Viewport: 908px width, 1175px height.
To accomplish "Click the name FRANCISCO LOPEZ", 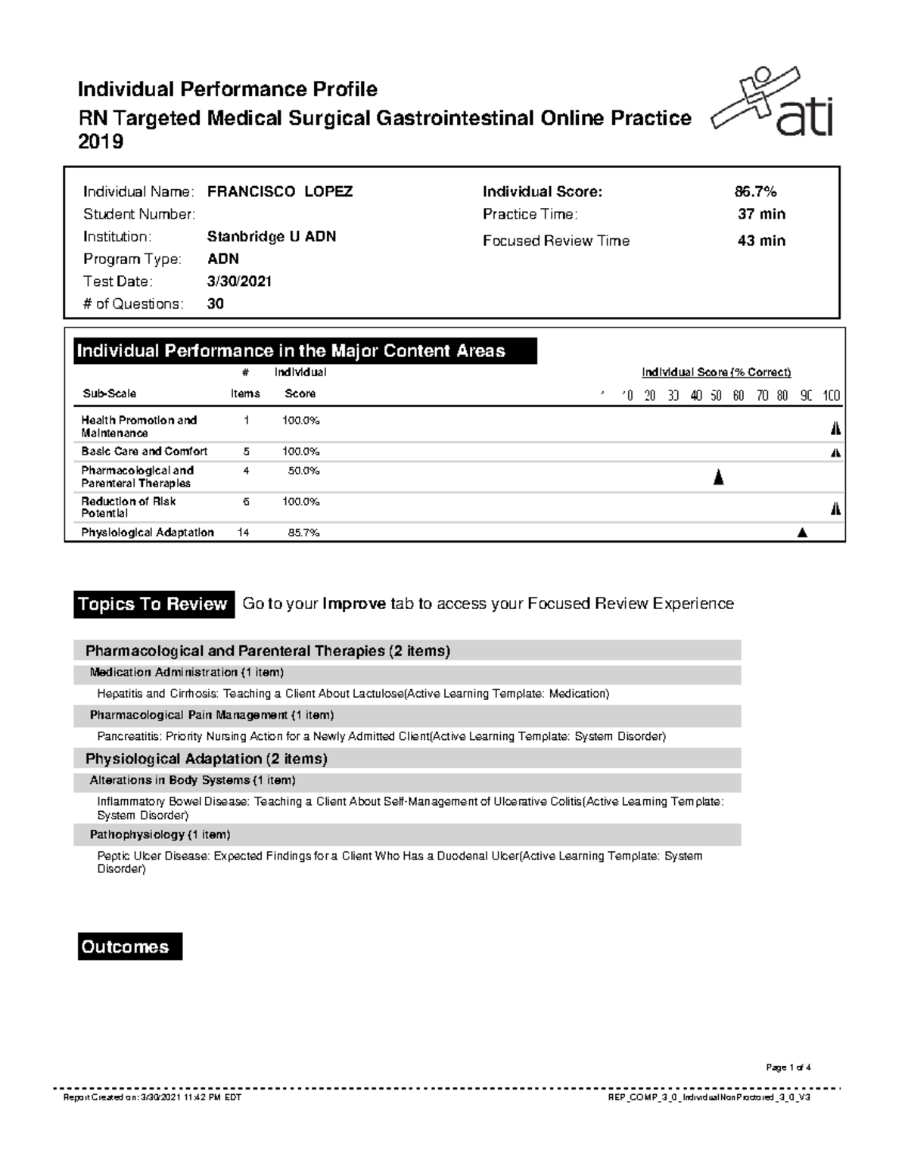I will coord(279,191).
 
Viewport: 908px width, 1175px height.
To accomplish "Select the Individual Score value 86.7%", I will coord(750,191).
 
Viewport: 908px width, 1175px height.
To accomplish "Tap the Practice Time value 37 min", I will coord(761,214).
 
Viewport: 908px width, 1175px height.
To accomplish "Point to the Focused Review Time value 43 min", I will coord(761,241).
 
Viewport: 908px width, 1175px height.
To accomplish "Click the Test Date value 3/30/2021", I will coord(239,281).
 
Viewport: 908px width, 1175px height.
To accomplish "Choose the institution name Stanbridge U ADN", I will coord(271,237).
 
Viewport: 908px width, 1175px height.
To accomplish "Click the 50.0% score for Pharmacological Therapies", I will coord(303,471).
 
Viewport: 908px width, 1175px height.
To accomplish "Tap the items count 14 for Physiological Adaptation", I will coord(244,533).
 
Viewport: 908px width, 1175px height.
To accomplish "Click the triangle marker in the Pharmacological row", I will coord(718,477).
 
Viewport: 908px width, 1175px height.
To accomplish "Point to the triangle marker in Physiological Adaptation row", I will coord(802,533).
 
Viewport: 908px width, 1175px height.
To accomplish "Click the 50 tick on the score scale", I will coord(716,396).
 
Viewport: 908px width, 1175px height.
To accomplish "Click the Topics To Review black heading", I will coord(153,604).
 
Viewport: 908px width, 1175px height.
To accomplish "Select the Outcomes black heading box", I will coord(129,947).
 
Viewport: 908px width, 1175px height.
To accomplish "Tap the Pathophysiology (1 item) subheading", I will coord(160,835).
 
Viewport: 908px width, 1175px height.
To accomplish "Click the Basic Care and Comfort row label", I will coord(144,452).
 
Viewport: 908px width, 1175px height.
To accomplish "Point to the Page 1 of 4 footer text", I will coord(788,1068).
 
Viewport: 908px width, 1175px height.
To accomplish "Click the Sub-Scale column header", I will coord(109,393).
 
